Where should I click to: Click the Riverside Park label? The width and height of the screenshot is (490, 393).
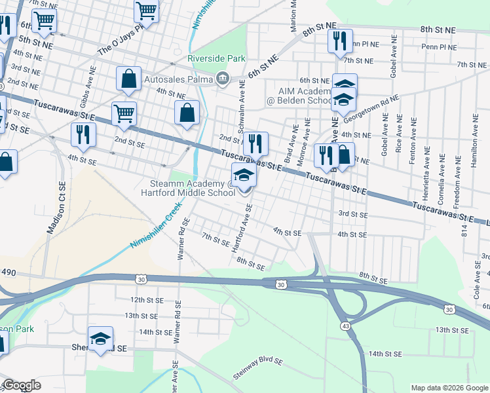tap(212, 58)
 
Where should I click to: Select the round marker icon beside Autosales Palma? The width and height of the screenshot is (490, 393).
tap(223, 79)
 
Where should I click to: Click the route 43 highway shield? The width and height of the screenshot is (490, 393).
tap(344, 326)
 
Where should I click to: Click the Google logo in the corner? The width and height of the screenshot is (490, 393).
tap(21, 385)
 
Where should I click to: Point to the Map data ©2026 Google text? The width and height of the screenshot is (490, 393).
tap(449, 388)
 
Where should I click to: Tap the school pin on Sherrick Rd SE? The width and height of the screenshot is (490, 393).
tap(101, 338)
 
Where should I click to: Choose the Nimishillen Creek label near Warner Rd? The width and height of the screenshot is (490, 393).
tap(155, 225)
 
